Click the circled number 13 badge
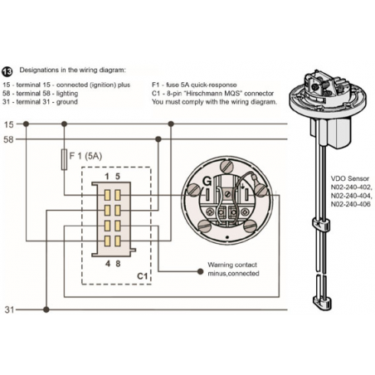pyautogui.click(x=7, y=71)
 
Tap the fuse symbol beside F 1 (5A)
pyautogui.click(x=64, y=159)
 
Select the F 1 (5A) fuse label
pyautogui.click(x=85, y=156)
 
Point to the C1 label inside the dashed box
pyautogui.click(x=143, y=276)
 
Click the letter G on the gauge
pyautogui.click(x=207, y=182)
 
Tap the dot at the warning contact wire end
pyautogui.click(x=200, y=271)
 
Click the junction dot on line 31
pyautogui.click(x=46, y=309)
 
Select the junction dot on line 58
pyautogui.click(x=158, y=139)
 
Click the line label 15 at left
pyautogui.click(x=8, y=124)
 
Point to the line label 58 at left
pyautogui.click(x=8, y=139)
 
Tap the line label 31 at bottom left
pyautogui.click(x=9, y=309)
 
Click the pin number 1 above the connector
pyautogui.click(x=107, y=177)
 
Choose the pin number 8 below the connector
pyautogui.click(x=118, y=264)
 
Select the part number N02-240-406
pyautogui.click(x=351, y=204)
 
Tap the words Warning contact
pyautogui.click(x=232, y=265)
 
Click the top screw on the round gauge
pyautogui.click(x=226, y=166)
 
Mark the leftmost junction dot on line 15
pyautogui.click(x=26, y=124)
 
